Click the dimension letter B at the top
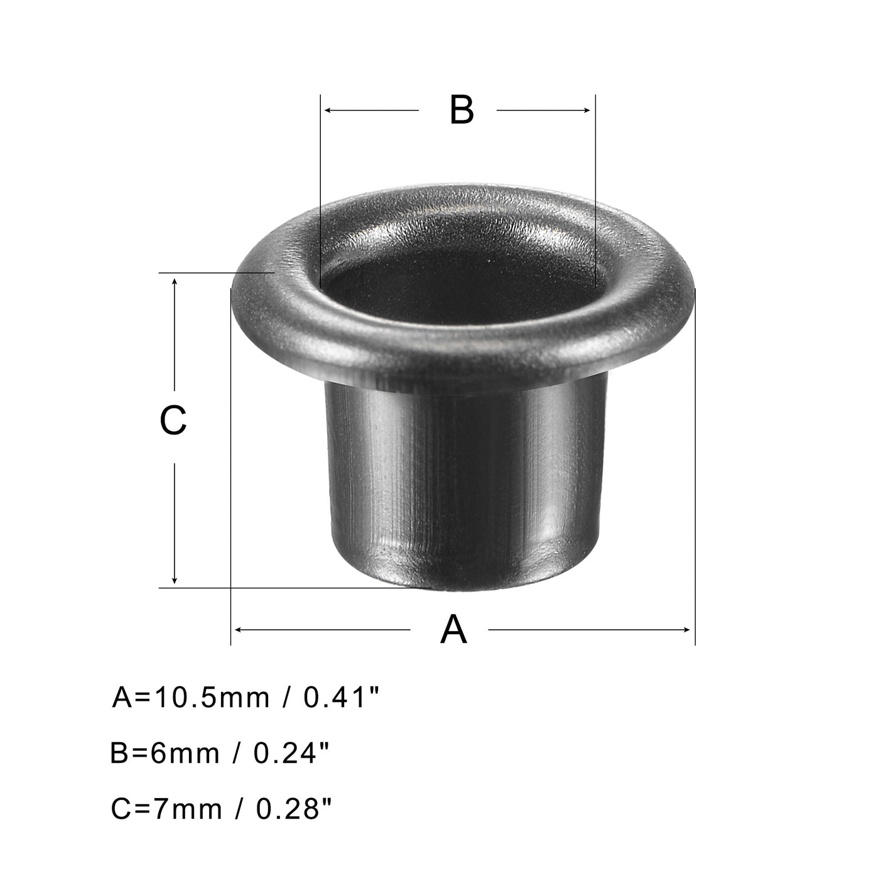point(461,111)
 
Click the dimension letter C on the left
point(173,421)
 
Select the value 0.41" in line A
point(342,698)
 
